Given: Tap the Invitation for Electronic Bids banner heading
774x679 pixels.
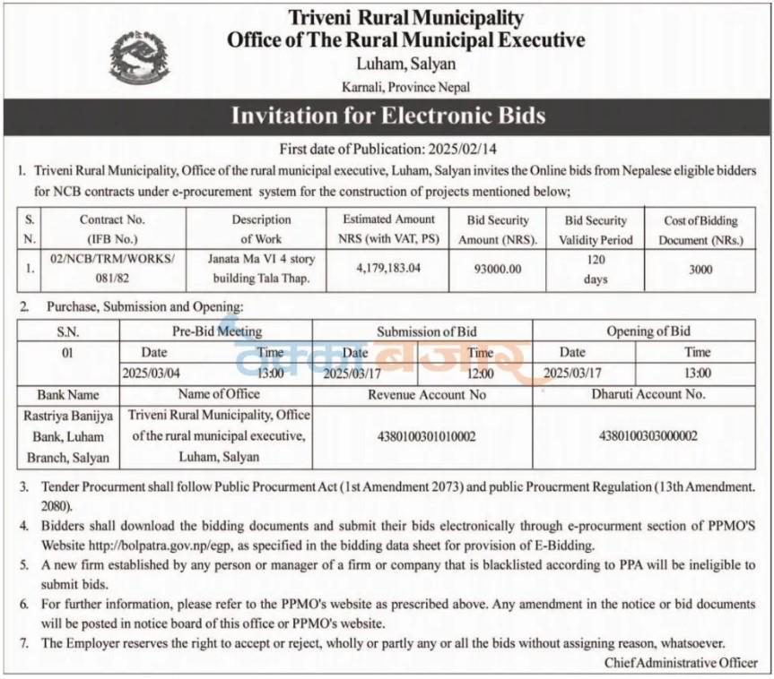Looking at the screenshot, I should pyautogui.click(x=387, y=116).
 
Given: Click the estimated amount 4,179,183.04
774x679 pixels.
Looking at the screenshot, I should pyautogui.click(x=388, y=268).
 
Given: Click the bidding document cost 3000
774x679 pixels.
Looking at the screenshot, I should pyautogui.click(x=700, y=268).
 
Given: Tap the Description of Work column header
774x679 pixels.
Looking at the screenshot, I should pyautogui.click(x=261, y=228).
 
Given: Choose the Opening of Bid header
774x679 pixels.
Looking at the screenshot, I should pyautogui.click(x=648, y=331).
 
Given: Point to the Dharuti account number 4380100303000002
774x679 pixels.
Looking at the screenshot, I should pyautogui.click(x=648, y=436).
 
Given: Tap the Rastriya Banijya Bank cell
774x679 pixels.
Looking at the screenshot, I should pyautogui.click(x=68, y=436).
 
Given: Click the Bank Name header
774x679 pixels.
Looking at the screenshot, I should pyautogui.click(x=68, y=394).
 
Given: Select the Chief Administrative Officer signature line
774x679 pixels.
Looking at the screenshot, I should pyautogui.click(x=680, y=663).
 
